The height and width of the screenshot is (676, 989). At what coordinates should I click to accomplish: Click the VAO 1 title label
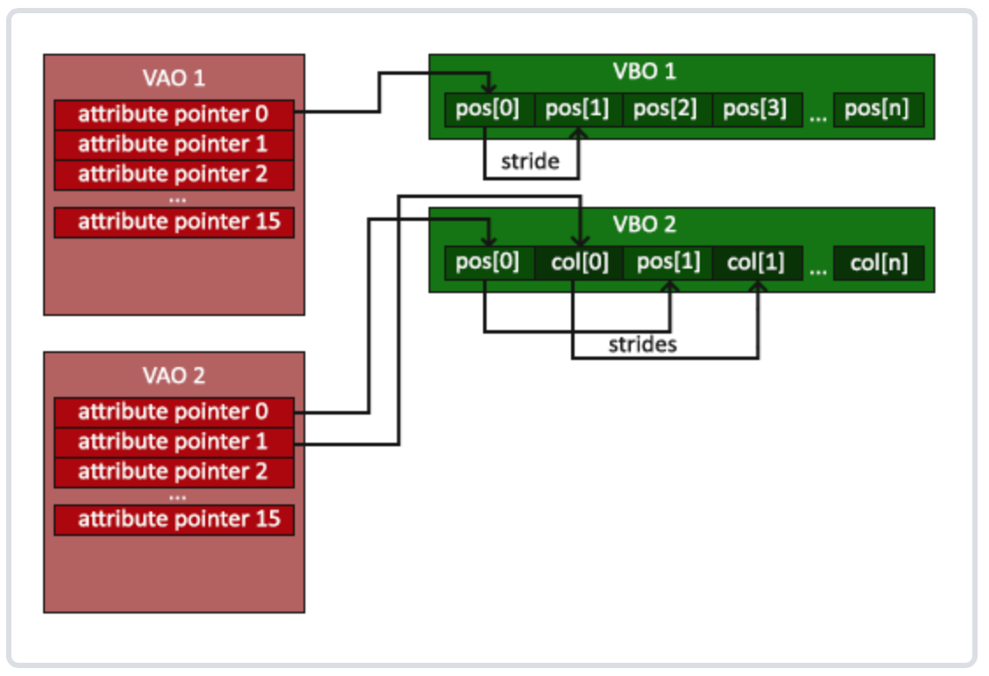(x=173, y=78)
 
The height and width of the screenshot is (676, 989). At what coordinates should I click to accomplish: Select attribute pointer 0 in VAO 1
(x=174, y=115)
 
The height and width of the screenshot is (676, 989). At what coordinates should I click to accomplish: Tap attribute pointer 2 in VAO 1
(x=174, y=175)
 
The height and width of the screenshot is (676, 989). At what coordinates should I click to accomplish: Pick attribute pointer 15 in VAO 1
(x=174, y=222)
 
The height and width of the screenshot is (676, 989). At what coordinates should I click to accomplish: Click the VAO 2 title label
(x=173, y=376)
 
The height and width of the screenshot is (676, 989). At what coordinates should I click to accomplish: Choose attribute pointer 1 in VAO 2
(x=174, y=443)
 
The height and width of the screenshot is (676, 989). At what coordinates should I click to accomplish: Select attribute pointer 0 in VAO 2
(x=174, y=413)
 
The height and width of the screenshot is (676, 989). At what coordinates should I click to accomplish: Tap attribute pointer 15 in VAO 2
(x=174, y=520)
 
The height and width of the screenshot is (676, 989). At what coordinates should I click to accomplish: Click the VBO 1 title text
(x=644, y=71)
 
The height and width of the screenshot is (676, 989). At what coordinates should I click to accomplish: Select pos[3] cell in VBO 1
(x=757, y=110)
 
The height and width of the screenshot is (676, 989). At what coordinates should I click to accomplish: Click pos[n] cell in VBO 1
(x=879, y=110)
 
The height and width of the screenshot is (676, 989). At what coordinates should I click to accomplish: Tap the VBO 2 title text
(x=644, y=224)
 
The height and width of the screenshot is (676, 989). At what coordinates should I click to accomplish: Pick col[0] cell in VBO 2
(x=579, y=262)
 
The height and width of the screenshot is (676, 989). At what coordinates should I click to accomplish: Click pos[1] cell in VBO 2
(x=668, y=262)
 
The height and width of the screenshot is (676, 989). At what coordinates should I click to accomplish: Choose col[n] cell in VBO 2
(x=879, y=262)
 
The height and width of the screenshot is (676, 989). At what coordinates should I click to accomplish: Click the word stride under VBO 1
(x=530, y=162)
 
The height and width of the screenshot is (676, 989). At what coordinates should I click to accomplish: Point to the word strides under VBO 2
(x=642, y=345)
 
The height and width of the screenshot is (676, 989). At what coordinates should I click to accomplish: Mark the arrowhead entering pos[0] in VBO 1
(x=489, y=88)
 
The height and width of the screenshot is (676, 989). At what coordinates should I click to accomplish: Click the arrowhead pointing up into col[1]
(x=758, y=287)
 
